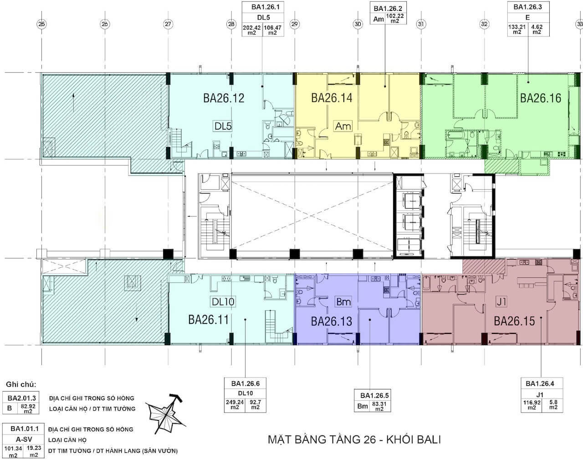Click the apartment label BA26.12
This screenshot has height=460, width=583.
pyautogui.click(x=224, y=98)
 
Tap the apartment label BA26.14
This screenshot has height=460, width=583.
pyautogui.click(x=332, y=98)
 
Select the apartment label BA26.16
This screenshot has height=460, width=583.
pyautogui.click(x=541, y=98)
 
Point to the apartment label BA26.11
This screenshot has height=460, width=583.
pyautogui.click(x=209, y=320)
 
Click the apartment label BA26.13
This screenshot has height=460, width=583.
pyautogui.click(x=332, y=321)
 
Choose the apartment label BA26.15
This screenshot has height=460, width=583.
pyautogui.click(x=514, y=321)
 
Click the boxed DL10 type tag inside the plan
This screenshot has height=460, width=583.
pyautogui.click(x=223, y=302)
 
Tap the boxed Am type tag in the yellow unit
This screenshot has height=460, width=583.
pyautogui.click(x=343, y=126)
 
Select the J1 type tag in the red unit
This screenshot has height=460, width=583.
pyautogui.click(x=501, y=302)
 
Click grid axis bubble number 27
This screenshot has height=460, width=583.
pyautogui.click(x=168, y=24)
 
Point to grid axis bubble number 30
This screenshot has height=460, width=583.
pyautogui.click(x=358, y=24)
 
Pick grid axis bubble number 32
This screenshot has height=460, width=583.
pyautogui.click(x=484, y=24)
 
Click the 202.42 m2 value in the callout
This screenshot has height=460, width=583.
pyautogui.click(x=252, y=30)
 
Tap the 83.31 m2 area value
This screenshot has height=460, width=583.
pyautogui.click(x=379, y=406)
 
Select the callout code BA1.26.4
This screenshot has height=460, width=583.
pyautogui.click(x=540, y=383)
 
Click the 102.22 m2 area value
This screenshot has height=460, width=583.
pyautogui.click(x=395, y=18)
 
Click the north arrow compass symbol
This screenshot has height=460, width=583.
pyautogui.click(x=165, y=414)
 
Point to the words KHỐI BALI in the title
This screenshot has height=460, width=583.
pyautogui.click(x=414, y=440)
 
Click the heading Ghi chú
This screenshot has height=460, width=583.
pyautogui.click(x=21, y=384)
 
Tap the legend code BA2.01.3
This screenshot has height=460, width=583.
pyautogui.click(x=22, y=398)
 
